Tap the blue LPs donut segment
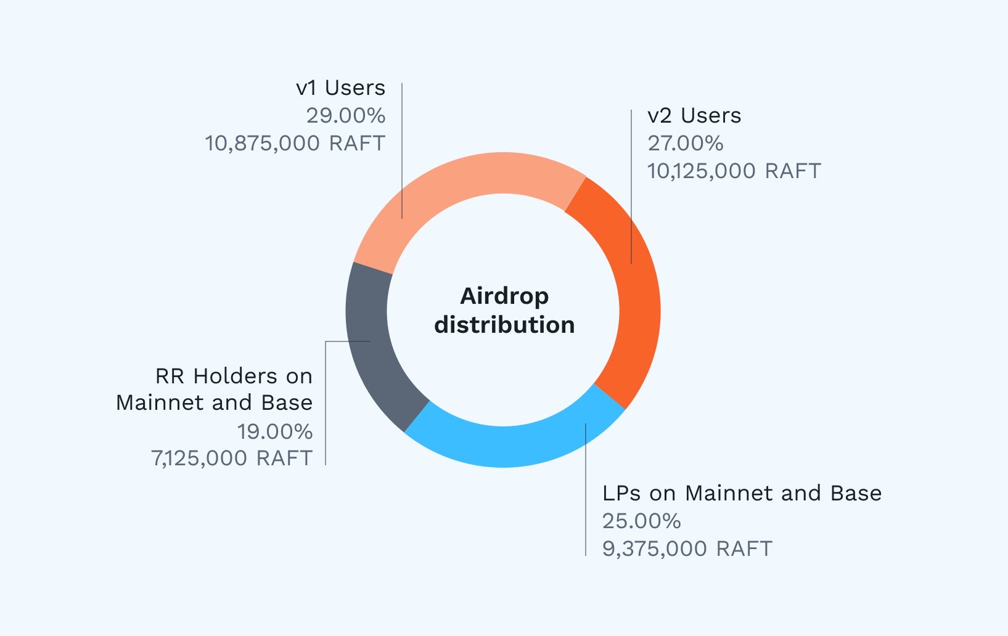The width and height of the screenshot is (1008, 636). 512,446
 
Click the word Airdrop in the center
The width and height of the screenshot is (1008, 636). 504,296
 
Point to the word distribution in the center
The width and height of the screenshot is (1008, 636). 504,325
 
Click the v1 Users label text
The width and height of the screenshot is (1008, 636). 340,88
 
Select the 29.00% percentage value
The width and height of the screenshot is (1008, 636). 345,116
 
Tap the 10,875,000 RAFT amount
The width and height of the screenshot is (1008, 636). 295,144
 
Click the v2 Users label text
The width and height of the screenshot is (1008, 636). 694,116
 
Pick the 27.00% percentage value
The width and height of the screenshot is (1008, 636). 685,144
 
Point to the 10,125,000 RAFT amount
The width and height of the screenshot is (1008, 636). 734,171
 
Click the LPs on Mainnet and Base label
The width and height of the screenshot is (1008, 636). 742,493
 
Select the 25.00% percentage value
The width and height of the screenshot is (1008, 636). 641,521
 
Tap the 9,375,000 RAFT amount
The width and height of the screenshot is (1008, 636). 687,548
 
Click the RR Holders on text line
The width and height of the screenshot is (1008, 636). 234,376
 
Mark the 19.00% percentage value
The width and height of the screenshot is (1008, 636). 274,431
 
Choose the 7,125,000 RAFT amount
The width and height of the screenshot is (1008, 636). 232,459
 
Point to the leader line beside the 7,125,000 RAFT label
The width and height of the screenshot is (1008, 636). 326,431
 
